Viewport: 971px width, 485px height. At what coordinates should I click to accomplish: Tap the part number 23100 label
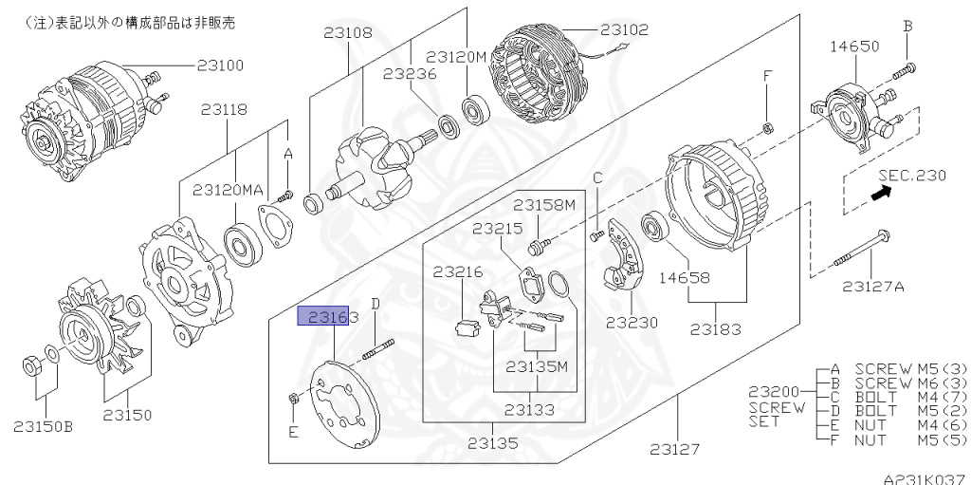coord(220,65)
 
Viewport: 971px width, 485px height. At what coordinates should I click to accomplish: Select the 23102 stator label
coord(625,29)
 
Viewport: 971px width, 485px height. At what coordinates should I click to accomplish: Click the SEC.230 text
coord(911,176)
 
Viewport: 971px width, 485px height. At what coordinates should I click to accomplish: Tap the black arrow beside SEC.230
coord(882,193)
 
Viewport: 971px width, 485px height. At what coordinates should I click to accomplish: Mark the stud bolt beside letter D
coord(376,348)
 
